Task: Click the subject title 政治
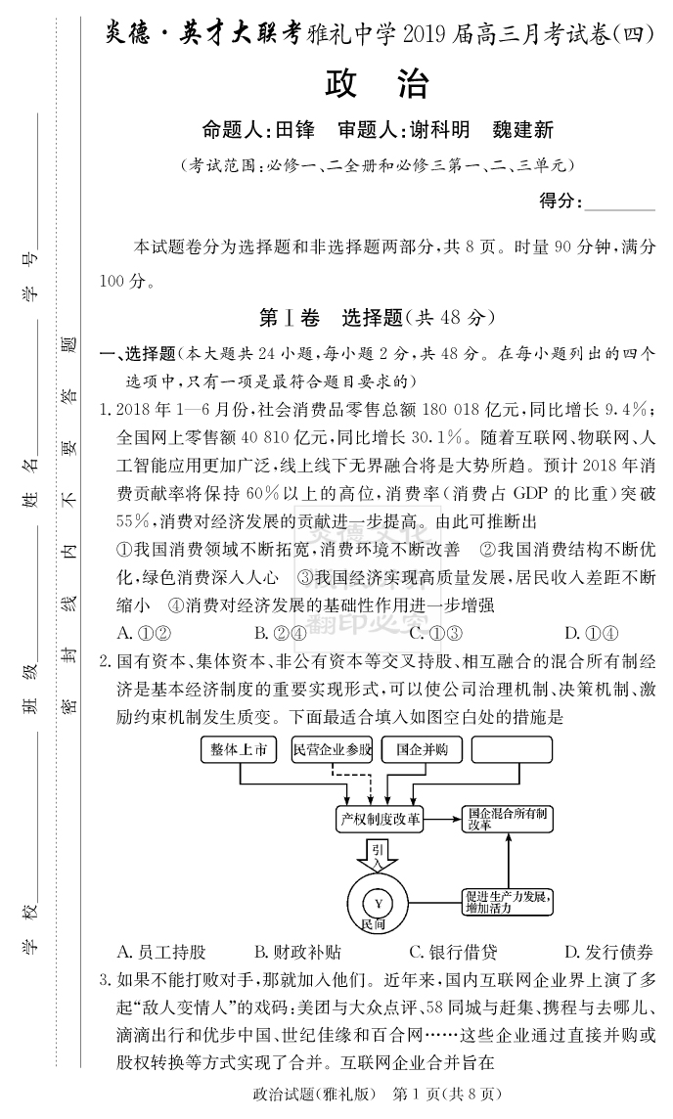[x=376, y=84]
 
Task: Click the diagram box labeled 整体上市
[x=239, y=749]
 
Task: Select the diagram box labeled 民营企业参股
[x=333, y=749]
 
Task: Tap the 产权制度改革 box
[x=379, y=819]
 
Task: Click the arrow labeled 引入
[x=378, y=858]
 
